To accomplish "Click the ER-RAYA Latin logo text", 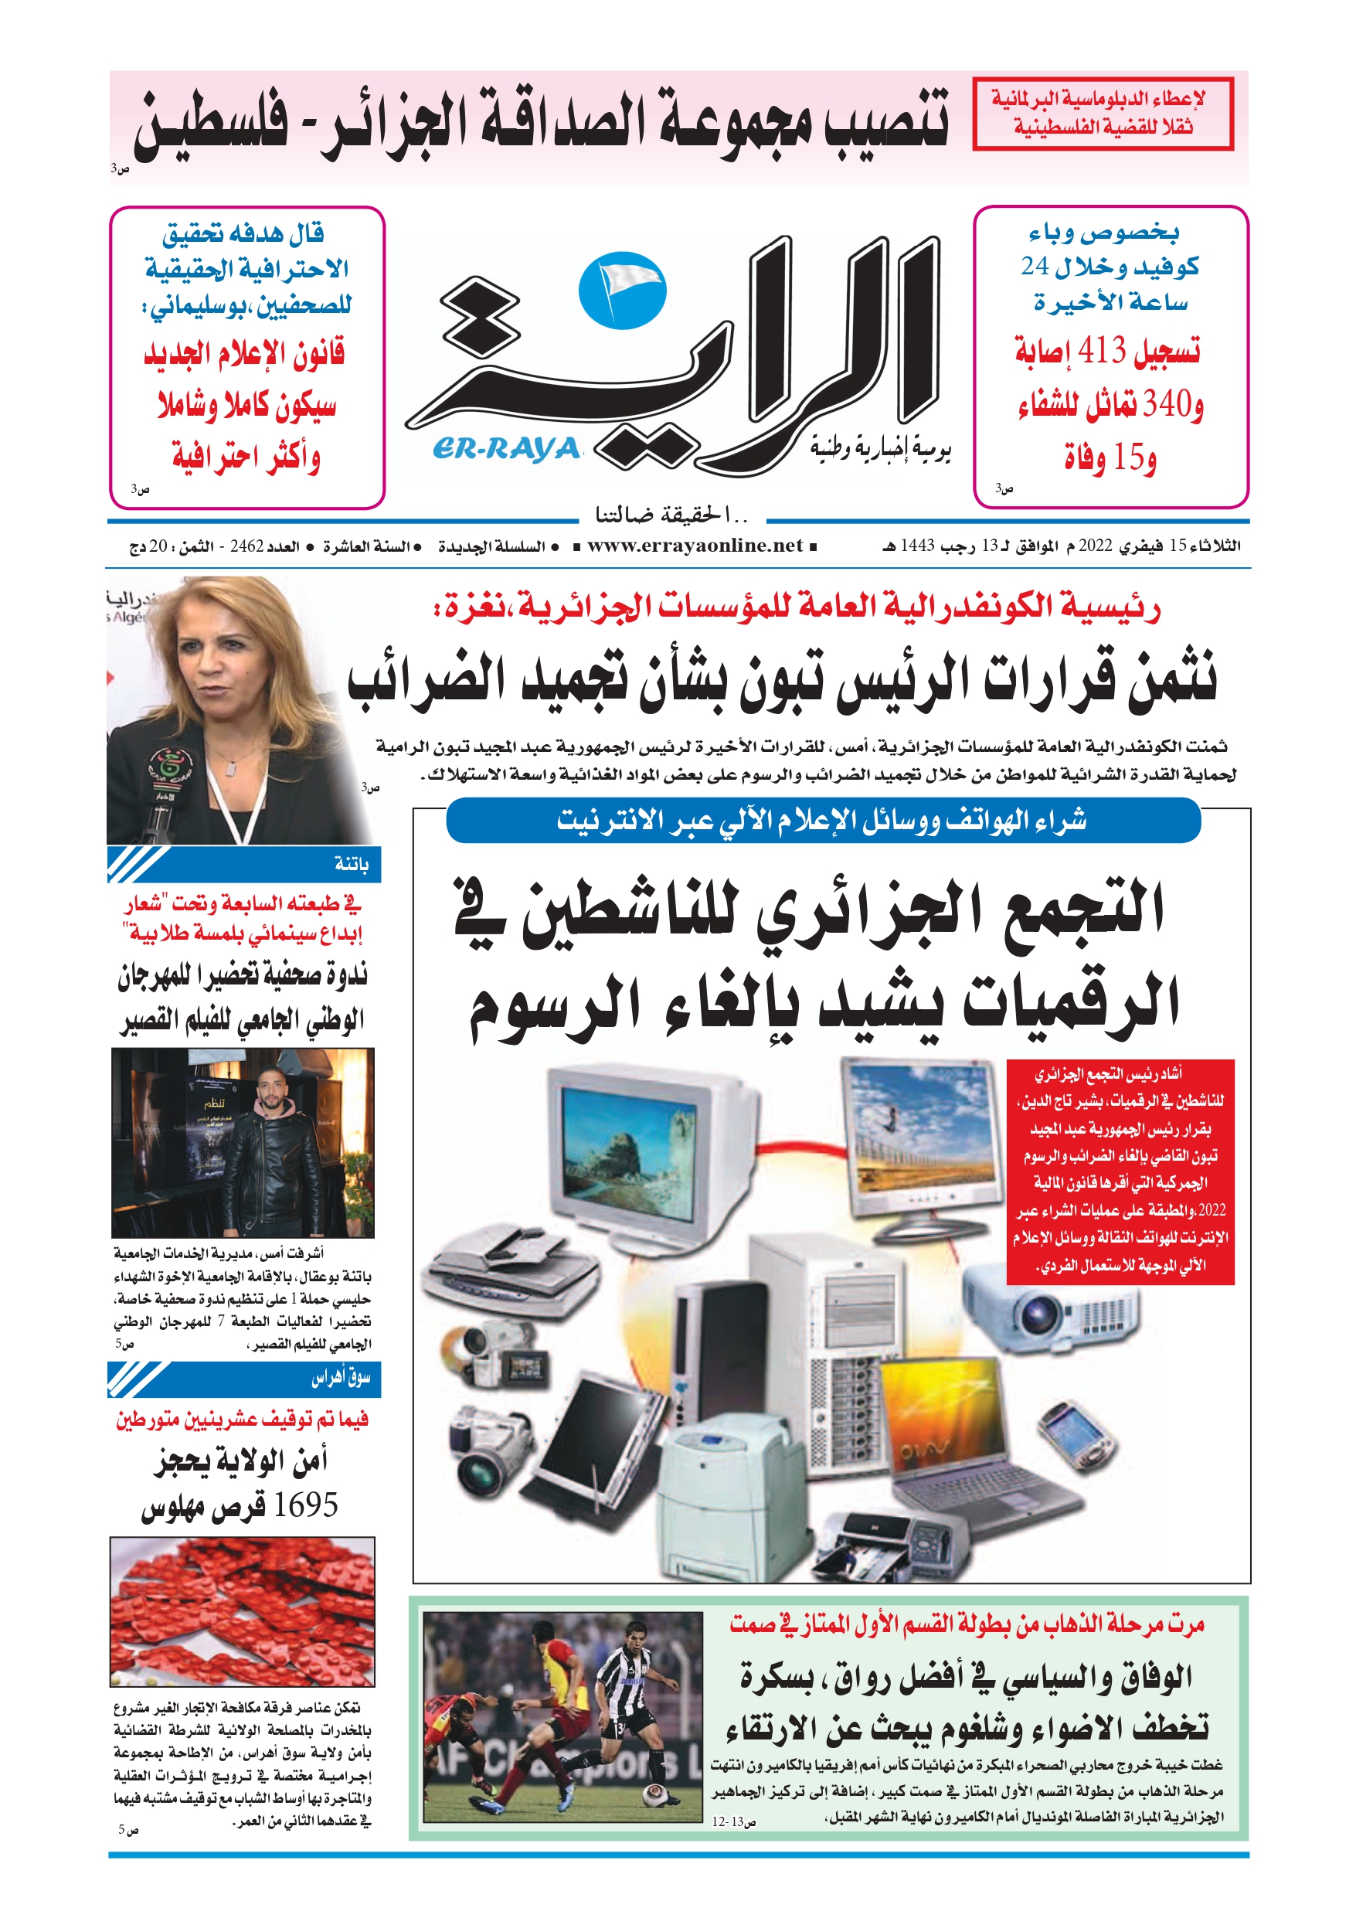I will coord(506,450).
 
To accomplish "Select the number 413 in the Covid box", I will coord(1102,351).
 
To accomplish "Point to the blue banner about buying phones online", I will coord(823,821).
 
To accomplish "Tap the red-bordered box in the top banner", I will coord(1102,114).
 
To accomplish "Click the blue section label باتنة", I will coord(351,865).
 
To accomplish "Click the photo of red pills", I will coord(243,1611).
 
